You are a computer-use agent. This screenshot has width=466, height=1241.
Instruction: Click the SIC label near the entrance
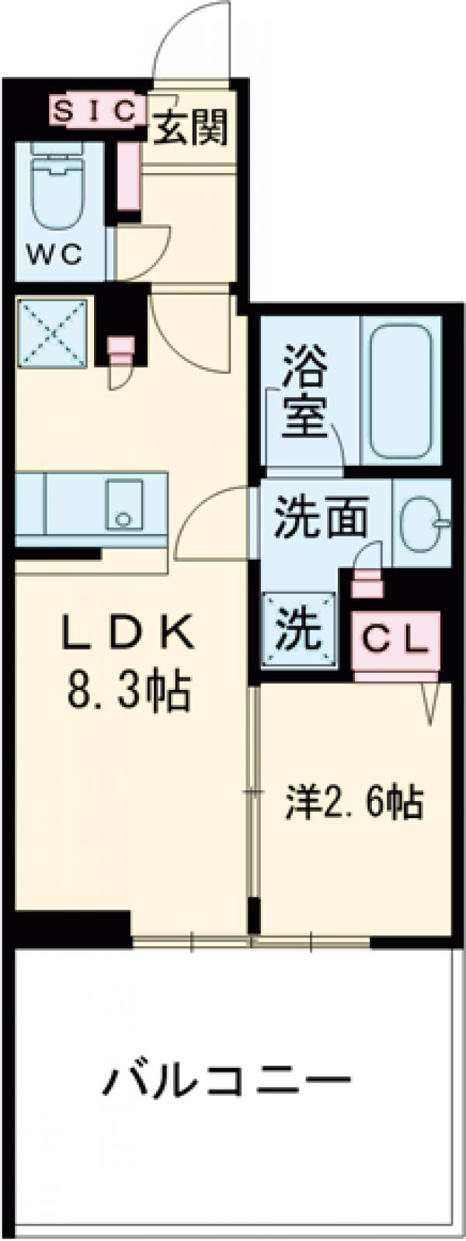pos(97,110)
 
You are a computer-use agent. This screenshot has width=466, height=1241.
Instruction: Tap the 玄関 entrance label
pos(190,126)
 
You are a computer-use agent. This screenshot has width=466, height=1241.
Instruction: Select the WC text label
pos(56,255)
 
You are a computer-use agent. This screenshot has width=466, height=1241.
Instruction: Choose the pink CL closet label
pos(395,640)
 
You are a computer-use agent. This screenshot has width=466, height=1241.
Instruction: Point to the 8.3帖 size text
pos(129,690)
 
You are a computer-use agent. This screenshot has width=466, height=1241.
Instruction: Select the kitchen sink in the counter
pos(124,504)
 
